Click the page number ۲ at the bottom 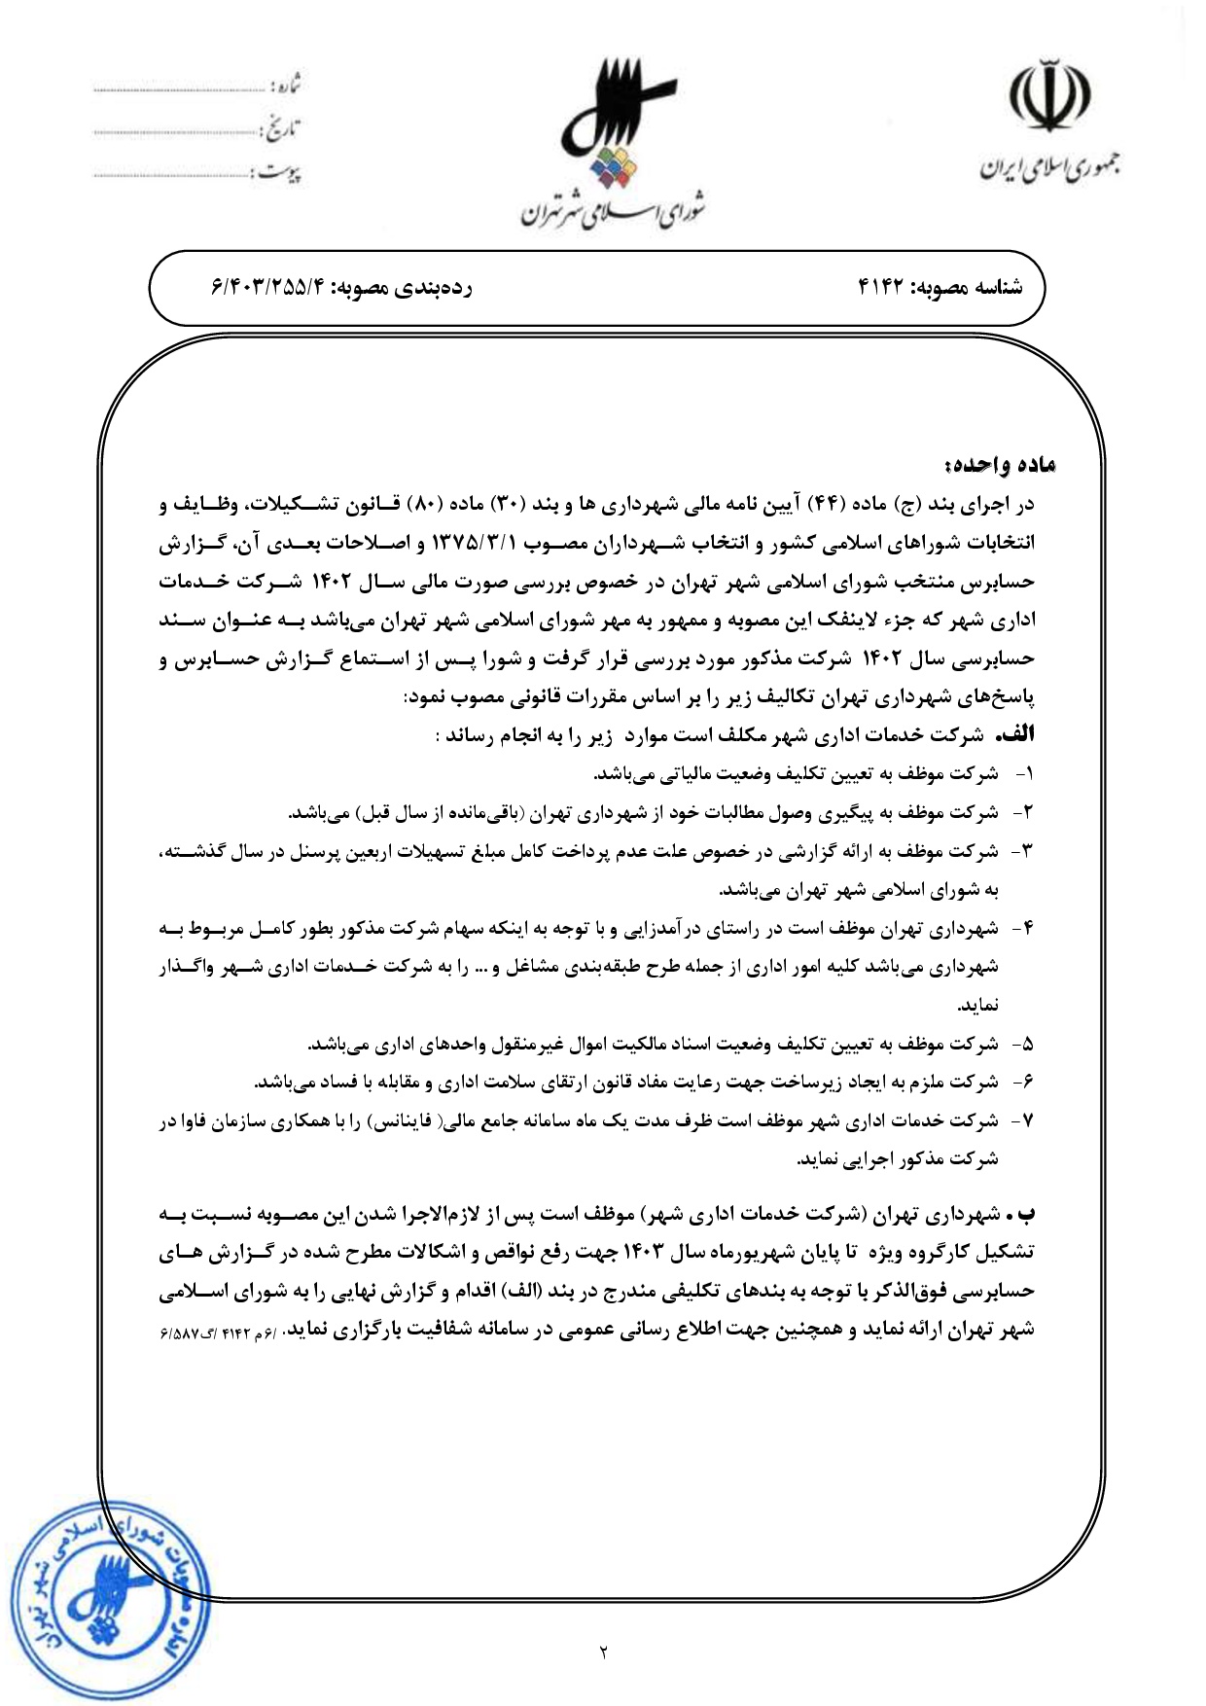tap(603, 1651)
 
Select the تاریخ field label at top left tap(281, 130)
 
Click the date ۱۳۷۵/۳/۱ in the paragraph tap(472, 543)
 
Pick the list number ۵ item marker tap(1023, 1045)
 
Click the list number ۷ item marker tap(1023, 1121)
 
